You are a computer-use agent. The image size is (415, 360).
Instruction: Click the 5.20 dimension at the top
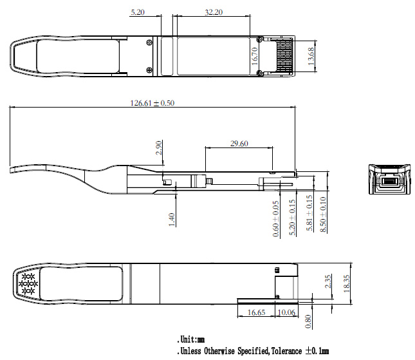(x=137, y=12)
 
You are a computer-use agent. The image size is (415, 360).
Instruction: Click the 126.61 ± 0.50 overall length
(x=152, y=102)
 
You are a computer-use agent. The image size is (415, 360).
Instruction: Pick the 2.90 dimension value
(x=159, y=148)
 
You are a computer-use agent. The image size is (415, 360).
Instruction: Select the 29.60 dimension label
(x=239, y=144)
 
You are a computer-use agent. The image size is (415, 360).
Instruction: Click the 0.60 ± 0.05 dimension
(x=276, y=219)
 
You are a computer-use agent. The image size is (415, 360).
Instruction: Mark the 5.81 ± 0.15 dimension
(x=308, y=218)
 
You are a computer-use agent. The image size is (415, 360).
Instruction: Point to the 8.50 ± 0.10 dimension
(x=323, y=218)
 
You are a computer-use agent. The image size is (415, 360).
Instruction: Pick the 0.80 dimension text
(x=308, y=319)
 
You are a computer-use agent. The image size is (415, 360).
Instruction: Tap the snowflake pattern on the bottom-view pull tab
(x=28, y=283)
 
